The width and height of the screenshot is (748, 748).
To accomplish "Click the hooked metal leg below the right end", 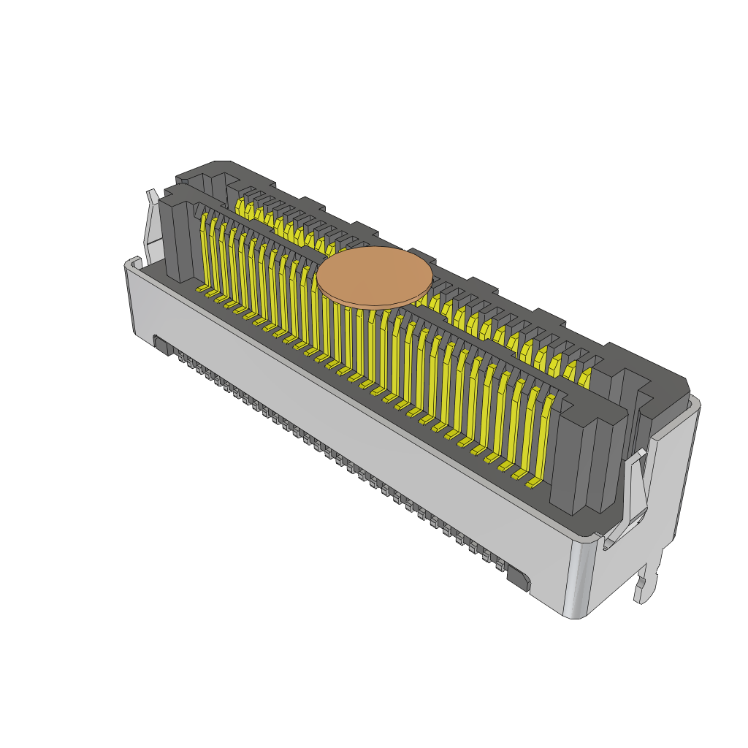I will click(x=646, y=584).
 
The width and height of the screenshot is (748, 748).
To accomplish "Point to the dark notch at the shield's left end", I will click(x=163, y=346).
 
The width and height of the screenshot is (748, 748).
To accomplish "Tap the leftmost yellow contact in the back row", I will click(x=240, y=207).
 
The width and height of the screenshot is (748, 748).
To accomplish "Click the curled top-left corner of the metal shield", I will click(x=132, y=263).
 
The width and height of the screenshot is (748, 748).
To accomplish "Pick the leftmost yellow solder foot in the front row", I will click(x=202, y=290).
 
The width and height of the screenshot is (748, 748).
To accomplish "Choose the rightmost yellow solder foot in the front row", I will click(x=533, y=483).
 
